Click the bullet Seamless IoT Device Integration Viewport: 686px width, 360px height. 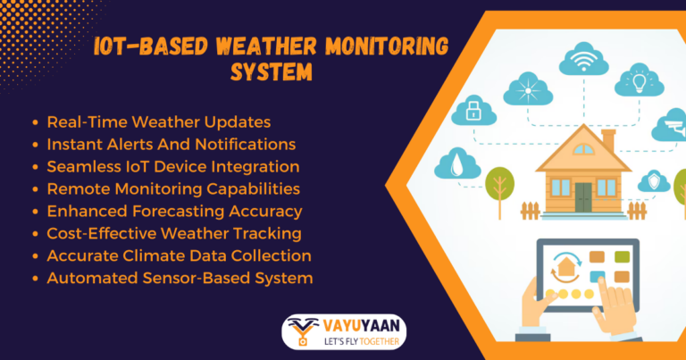coord(172,166)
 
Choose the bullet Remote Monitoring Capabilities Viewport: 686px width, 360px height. coord(173,188)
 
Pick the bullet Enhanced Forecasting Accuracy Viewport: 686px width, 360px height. coord(174,211)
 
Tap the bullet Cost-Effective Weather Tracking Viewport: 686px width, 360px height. coord(172,233)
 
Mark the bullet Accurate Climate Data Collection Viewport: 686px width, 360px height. coord(179,255)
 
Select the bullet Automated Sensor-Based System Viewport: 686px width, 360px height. coord(180,278)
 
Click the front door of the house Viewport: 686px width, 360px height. coord(583,196)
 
